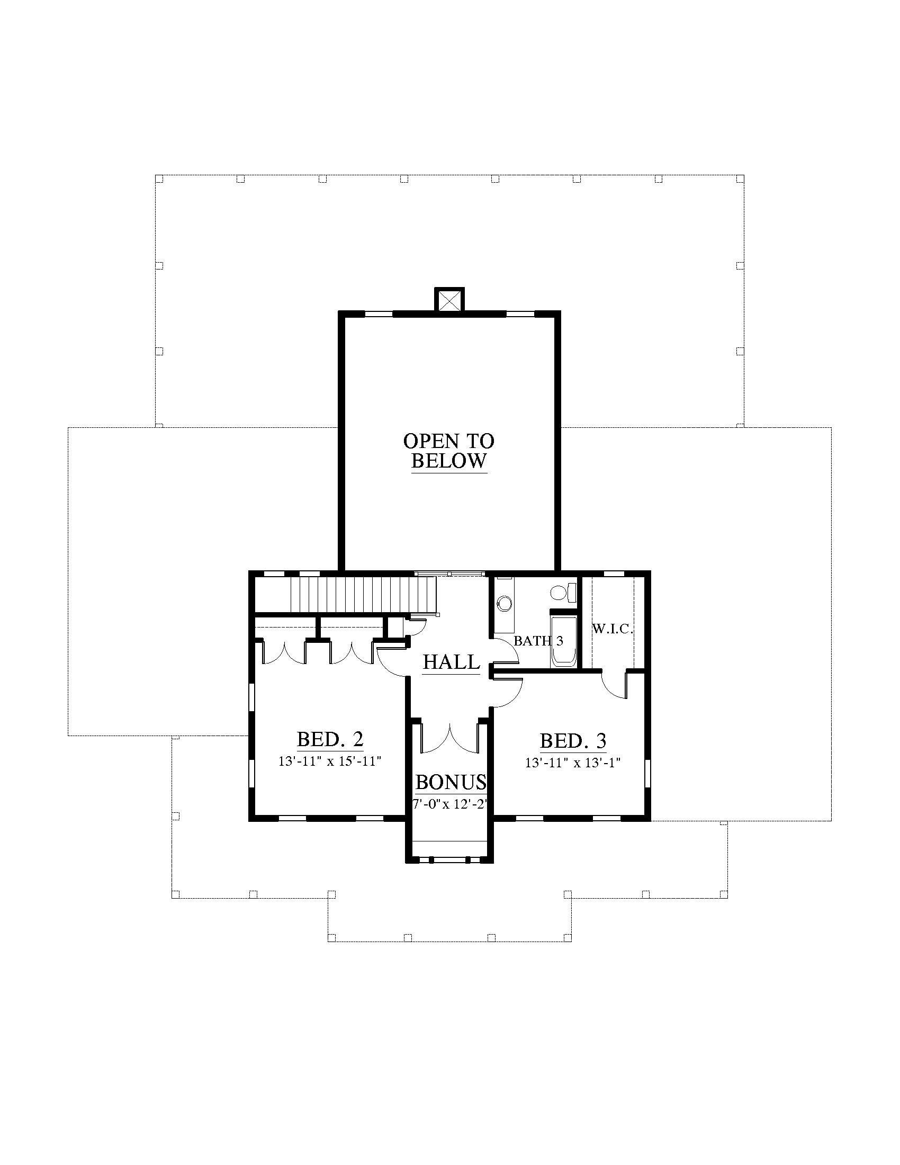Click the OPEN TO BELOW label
[x=449, y=451]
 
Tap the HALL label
[x=452, y=662]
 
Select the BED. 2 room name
[x=330, y=739]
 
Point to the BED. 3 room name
[x=573, y=741]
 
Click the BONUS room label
[x=451, y=783]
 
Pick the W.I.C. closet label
[x=613, y=629]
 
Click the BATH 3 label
[x=538, y=641]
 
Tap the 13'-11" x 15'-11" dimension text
[x=330, y=761]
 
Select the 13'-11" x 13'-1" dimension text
[x=573, y=763]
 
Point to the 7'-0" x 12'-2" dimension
[x=451, y=804]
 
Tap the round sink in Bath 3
[x=504, y=603]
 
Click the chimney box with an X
[x=450, y=300]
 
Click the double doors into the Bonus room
[x=451, y=738]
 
